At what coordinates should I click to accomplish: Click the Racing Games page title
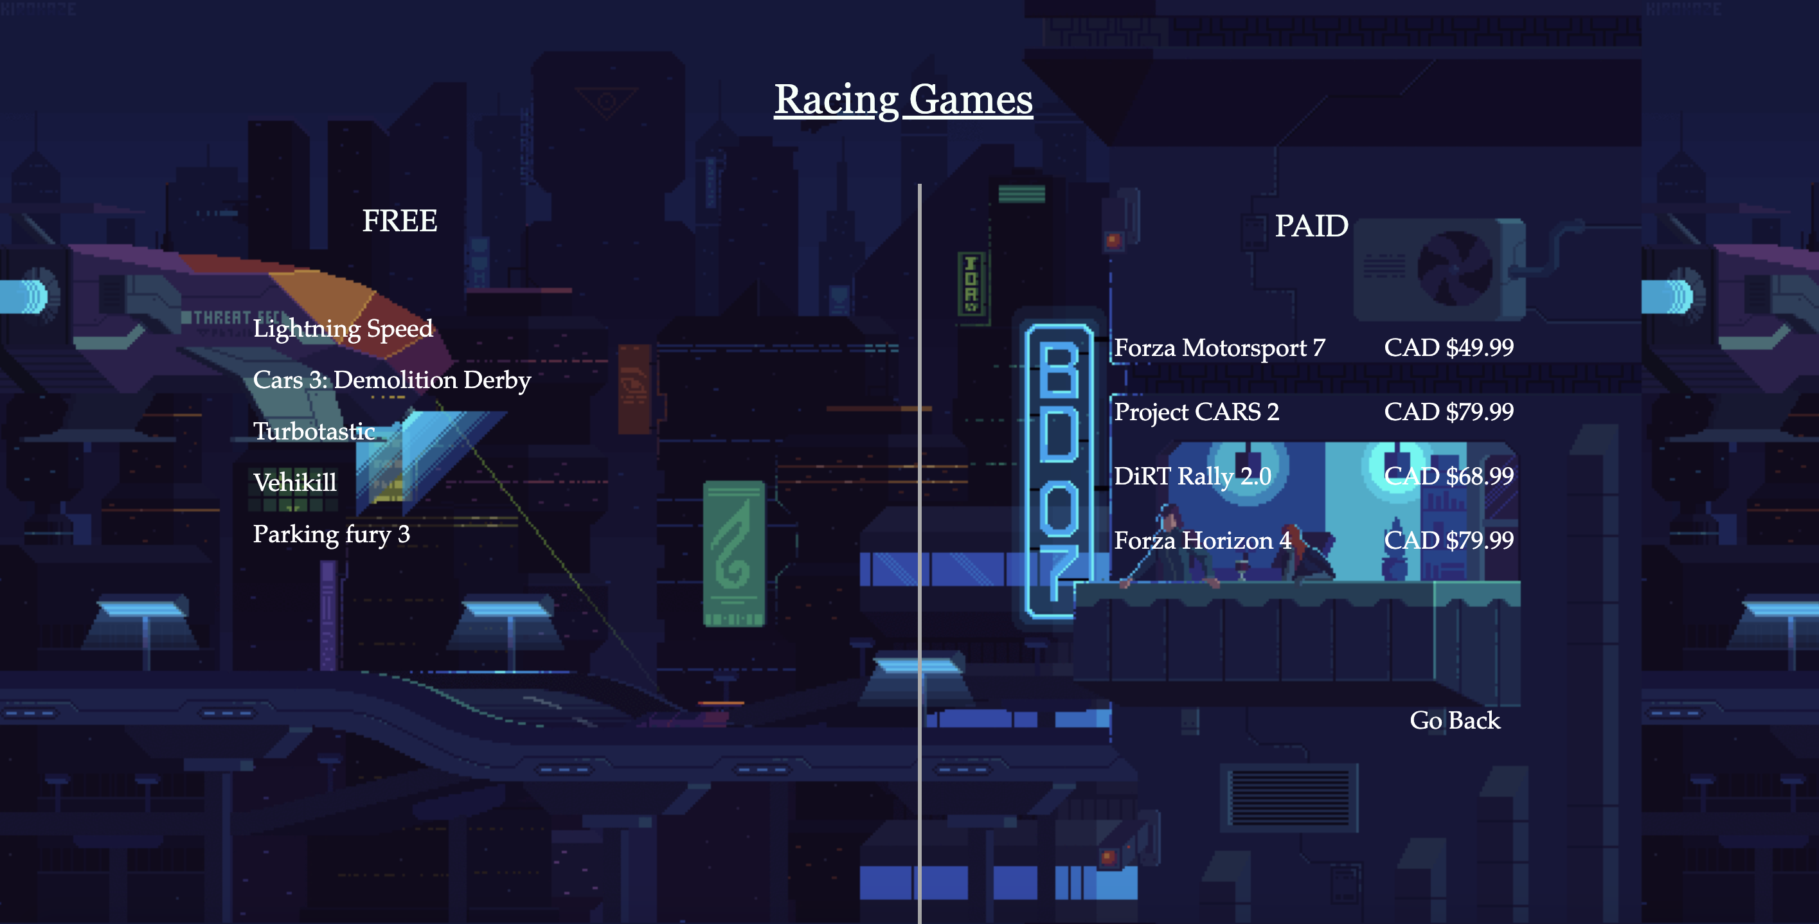click(x=903, y=100)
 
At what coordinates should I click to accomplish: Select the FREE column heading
click(x=400, y=221)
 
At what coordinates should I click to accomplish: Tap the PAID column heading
click(x=1311, y=226)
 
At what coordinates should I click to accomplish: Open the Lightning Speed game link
click(x=343, y=329)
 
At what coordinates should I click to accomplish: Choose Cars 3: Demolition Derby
click(x=392, y=380)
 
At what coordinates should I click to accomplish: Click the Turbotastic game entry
click(x=314, y=431)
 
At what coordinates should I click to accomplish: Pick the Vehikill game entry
click(x=295, y=483)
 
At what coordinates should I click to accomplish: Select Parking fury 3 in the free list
click(x=331, y=535)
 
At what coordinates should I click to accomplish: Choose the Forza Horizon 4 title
click(x=1203, y=540)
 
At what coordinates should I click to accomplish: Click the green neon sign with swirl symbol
click(x=733, y=554)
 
